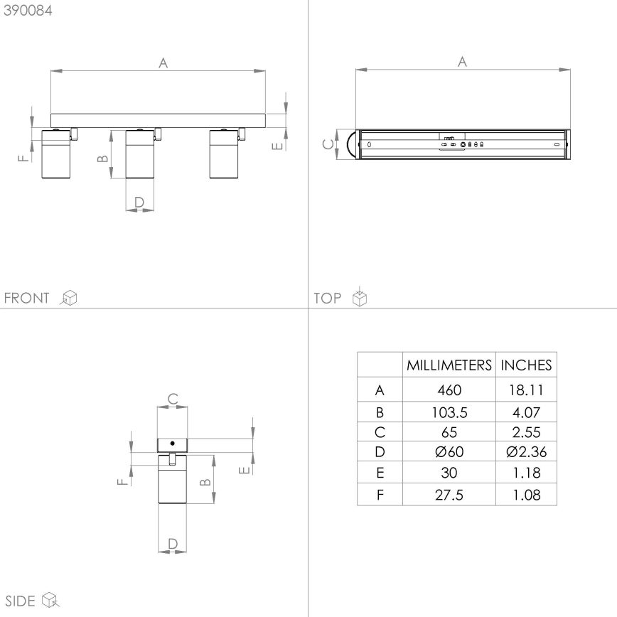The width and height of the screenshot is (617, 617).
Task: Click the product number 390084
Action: pyautogui.click(x=28, y=11)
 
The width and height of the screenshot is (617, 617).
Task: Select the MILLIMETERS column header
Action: pyautogui.click(x=449, y=365)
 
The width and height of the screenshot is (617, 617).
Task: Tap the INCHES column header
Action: pyautogui.click(x=526, y=365)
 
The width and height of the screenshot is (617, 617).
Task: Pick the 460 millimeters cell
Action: pyautogui.click(x=449, y=390)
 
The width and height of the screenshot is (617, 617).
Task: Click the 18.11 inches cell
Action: pyautogui.click(x=526, y=390)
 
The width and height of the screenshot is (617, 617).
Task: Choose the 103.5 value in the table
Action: pyautogui.click(x=449, y=411)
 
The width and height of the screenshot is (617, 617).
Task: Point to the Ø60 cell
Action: pyautogui.click(x=449, y=451)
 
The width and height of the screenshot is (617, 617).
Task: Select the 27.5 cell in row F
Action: pyautogui.click(x=449, y=495)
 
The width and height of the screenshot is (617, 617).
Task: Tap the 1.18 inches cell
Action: pyautogui.click(x=526, y=473)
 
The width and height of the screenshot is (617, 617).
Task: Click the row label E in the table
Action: pyautogui.click(x=380, y=473)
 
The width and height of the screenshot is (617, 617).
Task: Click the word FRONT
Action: pyautogui.click(x=28, y=298)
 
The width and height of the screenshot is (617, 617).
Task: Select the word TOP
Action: pyautogui.click(x=328, y=298)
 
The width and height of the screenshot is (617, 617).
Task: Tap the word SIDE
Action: pyautogui.click(x=20, y=601)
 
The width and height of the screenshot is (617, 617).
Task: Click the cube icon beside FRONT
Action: pyautogui.click(x=69, y=298)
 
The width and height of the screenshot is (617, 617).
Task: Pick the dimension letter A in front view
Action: pyautogui.click(x=163, y=63)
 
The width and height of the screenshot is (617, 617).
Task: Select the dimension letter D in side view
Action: pyautogui.click(x=172, y=543)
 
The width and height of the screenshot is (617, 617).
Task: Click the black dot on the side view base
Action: pyautogui.click(x=172, y=443)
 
